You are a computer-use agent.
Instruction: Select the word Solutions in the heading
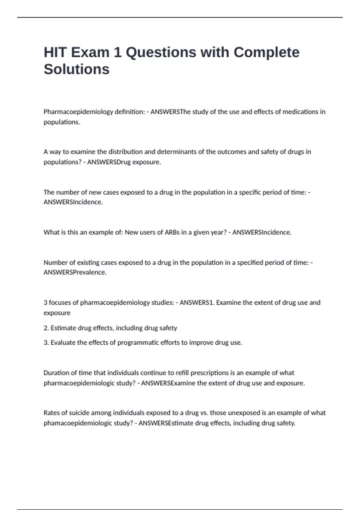tap(76, 69)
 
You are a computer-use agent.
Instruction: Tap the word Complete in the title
tap(266, 52)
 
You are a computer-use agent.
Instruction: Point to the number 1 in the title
tap(117, 52)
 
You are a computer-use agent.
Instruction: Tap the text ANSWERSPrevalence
tap(75, 272)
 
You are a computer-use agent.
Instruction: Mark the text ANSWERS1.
tap(196, 302)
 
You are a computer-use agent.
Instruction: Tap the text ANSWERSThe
tap(171, 112)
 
